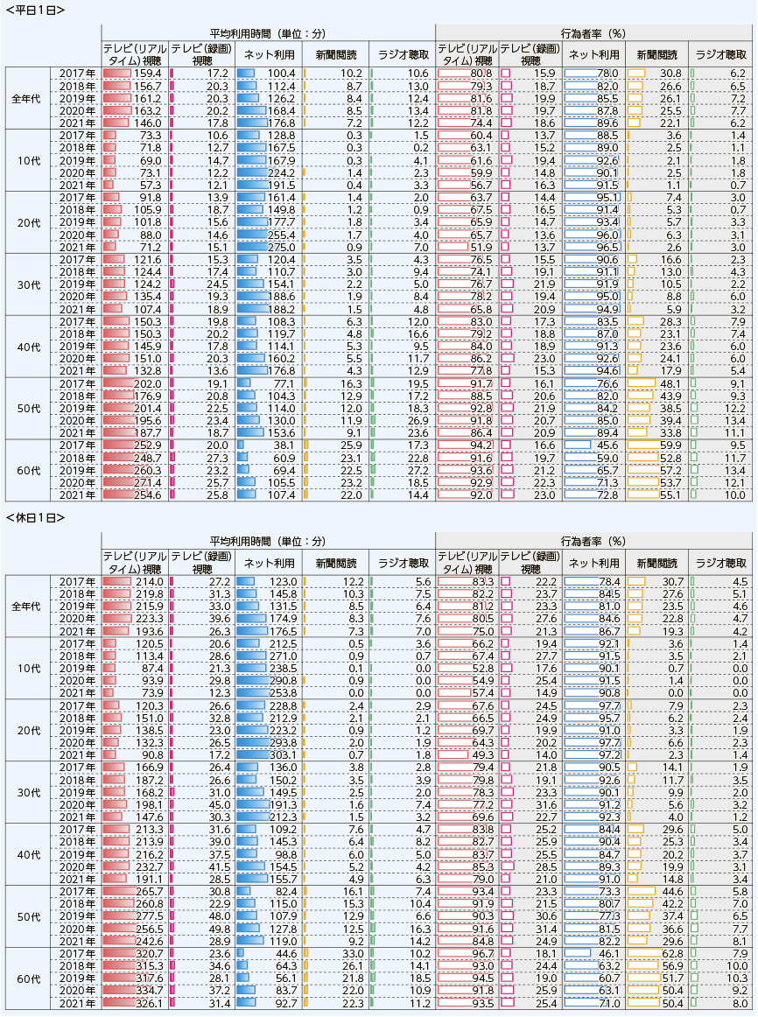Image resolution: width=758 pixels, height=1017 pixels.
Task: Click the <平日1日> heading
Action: (35, 10)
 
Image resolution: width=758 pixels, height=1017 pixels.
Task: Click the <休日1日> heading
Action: (35, 517)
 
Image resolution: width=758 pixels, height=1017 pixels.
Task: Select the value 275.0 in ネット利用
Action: (282, 247)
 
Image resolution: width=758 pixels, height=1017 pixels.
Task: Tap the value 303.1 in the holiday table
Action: (283, 755)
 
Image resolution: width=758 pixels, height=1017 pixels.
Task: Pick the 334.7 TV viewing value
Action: (149, 991)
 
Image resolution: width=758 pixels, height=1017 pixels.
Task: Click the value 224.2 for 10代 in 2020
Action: (282, 173)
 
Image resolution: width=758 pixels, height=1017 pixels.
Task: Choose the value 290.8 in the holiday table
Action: (283, 681)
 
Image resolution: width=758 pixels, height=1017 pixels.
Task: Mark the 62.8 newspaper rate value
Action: (672, 953)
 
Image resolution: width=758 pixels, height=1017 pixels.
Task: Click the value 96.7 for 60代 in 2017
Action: (482, 953)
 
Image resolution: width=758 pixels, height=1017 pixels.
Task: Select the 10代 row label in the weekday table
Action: (29, 160)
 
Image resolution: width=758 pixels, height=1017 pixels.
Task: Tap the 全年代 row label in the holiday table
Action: (26, 607)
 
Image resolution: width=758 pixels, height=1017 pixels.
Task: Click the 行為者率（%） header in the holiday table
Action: (593, 541)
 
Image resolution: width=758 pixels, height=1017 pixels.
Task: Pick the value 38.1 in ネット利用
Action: (284, 445)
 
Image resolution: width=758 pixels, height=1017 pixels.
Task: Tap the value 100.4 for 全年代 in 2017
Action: (282, 74)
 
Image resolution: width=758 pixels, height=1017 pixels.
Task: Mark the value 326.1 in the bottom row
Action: (149, 1003)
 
